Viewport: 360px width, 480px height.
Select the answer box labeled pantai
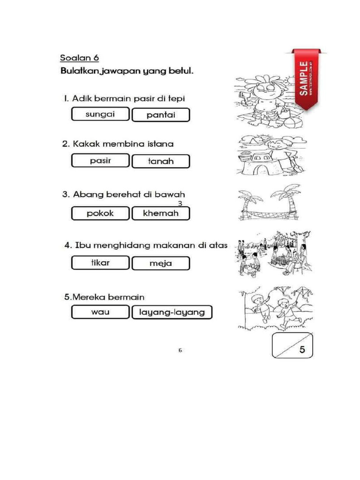[161, 115]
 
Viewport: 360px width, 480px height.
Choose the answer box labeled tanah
[161, 161]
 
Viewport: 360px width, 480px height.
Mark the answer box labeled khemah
[161, 213]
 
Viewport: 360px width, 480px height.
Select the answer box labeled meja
[161, 263]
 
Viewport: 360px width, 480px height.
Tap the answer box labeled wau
[100, 312]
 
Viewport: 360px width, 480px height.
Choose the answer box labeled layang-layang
[172, 312]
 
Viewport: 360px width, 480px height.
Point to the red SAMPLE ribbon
[304, 78]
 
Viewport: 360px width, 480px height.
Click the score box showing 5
[292, 345]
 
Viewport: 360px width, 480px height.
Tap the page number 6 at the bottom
[180, 350]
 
